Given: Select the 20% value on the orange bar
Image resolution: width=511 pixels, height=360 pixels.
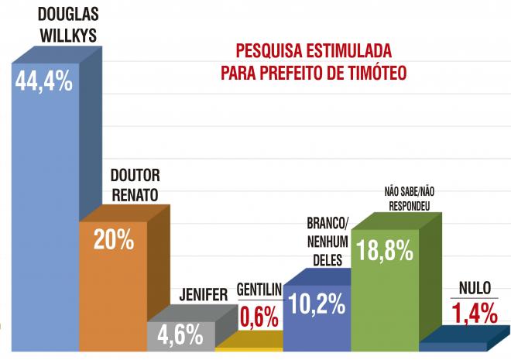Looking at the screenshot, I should pos(114,240).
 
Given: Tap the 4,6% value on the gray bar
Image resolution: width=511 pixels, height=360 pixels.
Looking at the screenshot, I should pos(180,335).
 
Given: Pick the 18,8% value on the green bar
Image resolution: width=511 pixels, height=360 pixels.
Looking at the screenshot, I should pos(384,251).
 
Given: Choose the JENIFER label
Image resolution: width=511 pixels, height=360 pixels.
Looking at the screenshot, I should pos(204,295).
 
